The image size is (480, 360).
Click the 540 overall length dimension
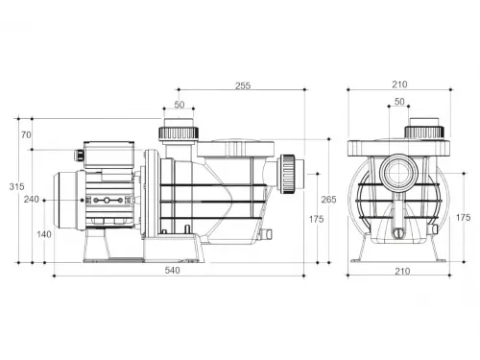(172, 271)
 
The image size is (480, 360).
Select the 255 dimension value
(243, 85)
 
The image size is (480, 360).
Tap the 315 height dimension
(16, 186)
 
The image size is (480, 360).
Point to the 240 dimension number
(32, 200)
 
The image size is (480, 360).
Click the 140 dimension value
(44, 234)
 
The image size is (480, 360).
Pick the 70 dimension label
(26, 135)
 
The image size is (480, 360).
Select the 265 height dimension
(328, 200)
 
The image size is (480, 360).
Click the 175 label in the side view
(316, 219)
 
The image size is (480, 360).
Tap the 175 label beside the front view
(463, 218)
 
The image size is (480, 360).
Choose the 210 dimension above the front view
(399, 84)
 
